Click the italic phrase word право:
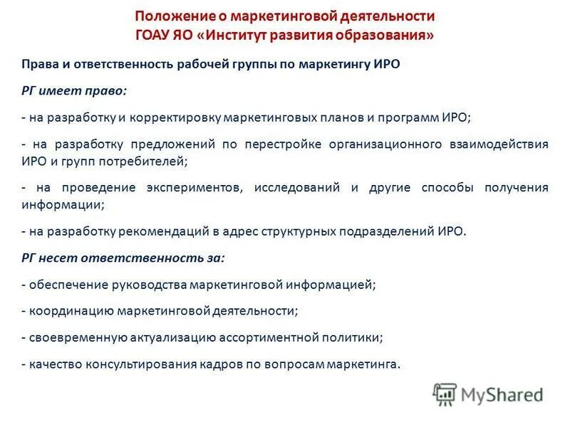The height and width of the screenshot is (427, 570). [108, 91]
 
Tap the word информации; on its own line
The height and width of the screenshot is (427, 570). [63, 204]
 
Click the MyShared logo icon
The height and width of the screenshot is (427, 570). [445, 393]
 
